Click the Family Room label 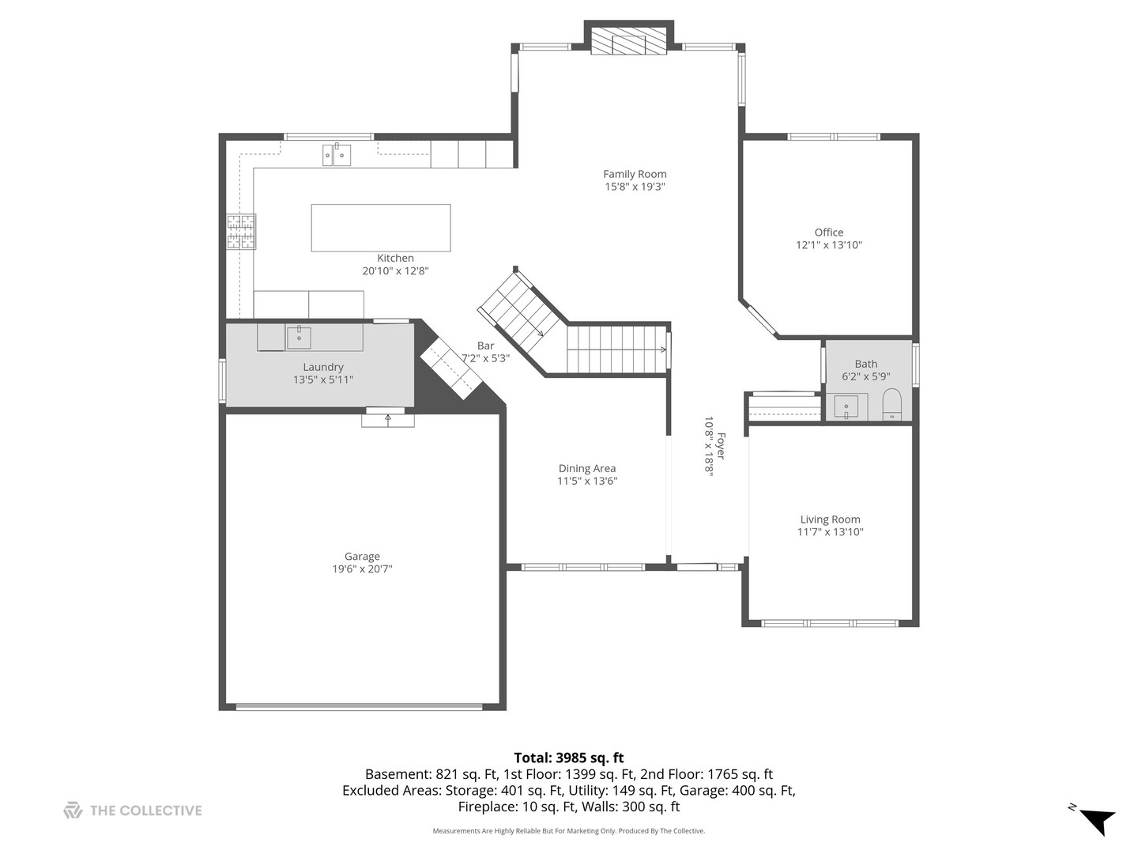[x=635, y=174]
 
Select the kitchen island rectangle [x=381, y=228]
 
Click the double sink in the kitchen [x=337, y=155]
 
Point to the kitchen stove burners [x=241, y=232]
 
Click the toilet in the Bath [x=891, y=405]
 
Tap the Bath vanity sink [x=846, y=407]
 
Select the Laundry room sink [x=299, y=338]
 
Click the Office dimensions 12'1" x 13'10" [x=828, y=245]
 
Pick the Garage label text [x=362, y=556]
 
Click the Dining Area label [x=586, y=468]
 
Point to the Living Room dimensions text [x=830, y=532]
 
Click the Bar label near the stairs [x=485, y=346]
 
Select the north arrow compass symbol [x=1097, y=820]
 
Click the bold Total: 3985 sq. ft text [x=569, y=758]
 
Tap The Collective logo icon [x=73, y=810]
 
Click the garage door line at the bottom [x=360, y=706]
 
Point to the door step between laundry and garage [x=387, y=419]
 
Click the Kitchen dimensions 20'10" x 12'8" [x=395, y=270]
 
